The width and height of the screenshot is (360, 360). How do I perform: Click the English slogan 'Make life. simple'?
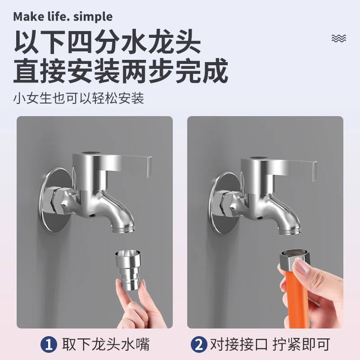(63, 17)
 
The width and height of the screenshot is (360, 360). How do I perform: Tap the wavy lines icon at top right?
(339, 38)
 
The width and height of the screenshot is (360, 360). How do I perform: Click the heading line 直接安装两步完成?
(121, 70)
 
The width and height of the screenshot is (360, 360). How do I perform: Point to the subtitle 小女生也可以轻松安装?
(79, 98)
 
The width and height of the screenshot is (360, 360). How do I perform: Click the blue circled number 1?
(49, 344)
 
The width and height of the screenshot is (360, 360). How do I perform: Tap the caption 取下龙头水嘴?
(106, 344)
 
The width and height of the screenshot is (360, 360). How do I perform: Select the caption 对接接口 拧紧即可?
(270, 344)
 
